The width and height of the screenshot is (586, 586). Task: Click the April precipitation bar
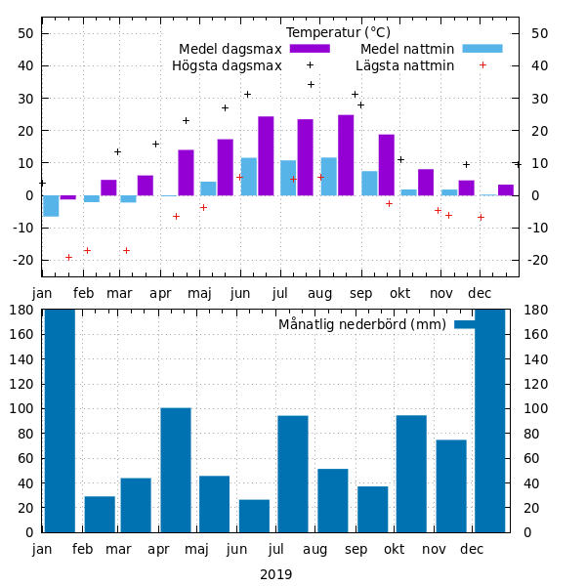(x=176, y=470)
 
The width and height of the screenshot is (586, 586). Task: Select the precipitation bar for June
(x=254, y=516)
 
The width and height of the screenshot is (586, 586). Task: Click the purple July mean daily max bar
(x=305, y=157)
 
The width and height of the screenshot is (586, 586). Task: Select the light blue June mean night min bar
(x=249, y=177)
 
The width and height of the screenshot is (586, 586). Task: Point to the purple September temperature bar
(x=386, y=165)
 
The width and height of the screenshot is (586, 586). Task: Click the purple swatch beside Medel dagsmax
(x=310, y=49)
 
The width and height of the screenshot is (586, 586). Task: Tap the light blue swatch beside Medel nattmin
(x=481, y=49)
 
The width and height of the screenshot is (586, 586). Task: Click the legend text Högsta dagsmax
(x=227, y=66)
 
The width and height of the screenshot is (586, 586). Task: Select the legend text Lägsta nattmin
(x=404, y=66)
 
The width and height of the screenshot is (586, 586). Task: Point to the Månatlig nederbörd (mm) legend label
(x=362, y=324)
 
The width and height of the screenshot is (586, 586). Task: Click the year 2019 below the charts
(x=275, y=574)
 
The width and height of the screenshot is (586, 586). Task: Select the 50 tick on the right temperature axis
(x=541, y=33)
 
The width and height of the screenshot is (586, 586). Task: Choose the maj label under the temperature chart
(x=199, y=293)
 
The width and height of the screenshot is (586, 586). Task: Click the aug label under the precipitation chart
(x=315, y=550)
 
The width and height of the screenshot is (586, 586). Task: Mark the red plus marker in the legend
(x=482, y=65)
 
